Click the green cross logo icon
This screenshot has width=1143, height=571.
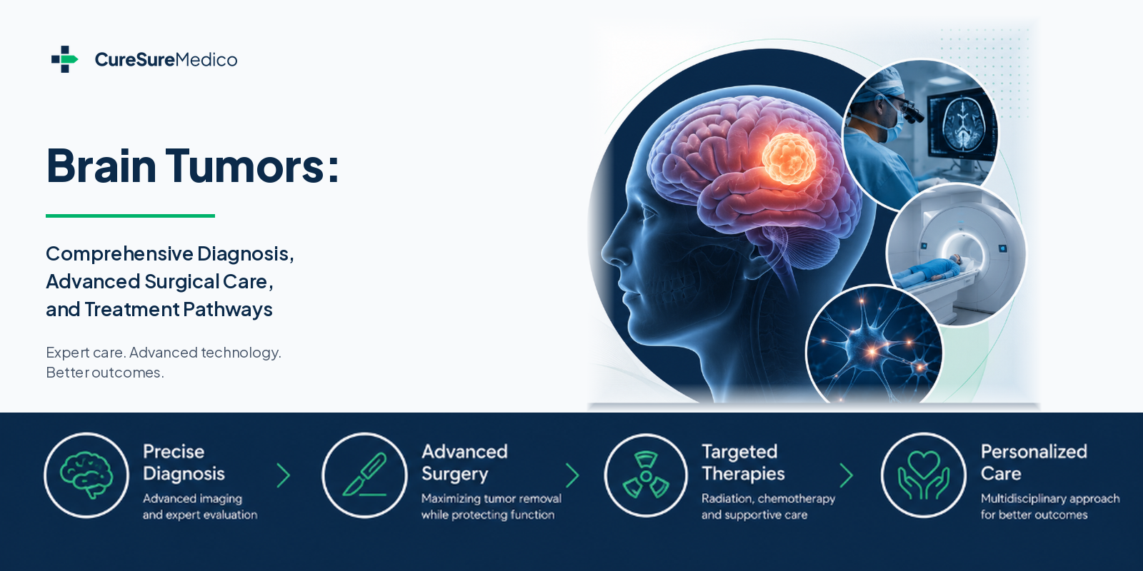(64, 59)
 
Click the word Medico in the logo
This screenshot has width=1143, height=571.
(206, 60)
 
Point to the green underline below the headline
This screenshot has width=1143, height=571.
(130, 216)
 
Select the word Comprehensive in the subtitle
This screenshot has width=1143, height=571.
(119, 254)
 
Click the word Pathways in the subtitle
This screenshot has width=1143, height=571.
(228, 310)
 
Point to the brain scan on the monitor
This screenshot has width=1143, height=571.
(961, 124)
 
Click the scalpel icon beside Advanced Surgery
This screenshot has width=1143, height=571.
(364, 475)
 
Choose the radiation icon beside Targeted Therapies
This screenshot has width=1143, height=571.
(646, 475)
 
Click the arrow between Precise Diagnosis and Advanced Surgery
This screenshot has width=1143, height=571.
(283, 475)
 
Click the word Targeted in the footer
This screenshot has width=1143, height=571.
(739, 452)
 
